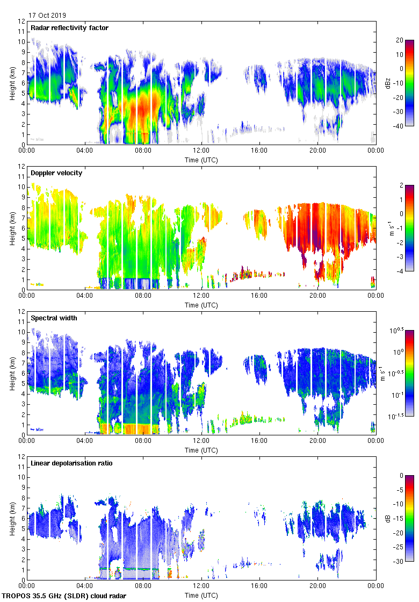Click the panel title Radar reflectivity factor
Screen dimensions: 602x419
point(69,28)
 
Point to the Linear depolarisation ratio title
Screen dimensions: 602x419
point(71,463)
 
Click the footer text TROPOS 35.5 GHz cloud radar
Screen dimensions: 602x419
point(64,596)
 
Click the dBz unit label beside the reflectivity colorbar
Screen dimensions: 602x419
point(388,83)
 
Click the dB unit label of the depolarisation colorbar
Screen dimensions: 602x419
point(388,518)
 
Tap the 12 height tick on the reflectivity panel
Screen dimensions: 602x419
point(22,21)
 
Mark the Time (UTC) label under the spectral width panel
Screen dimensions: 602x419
point(201,450)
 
